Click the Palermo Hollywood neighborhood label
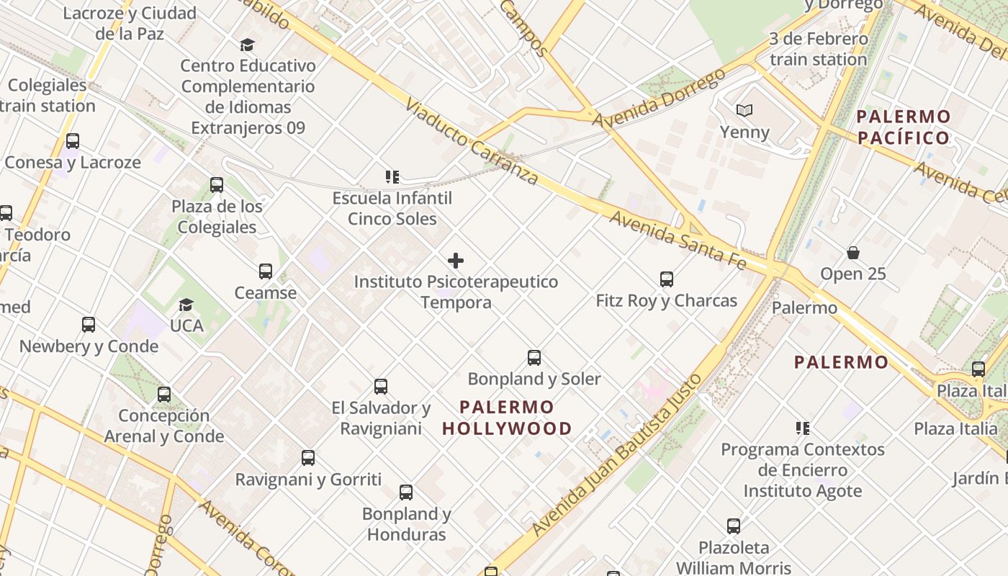coord(507,418)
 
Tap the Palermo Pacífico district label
coord(904,127)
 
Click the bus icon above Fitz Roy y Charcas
coord(667,279)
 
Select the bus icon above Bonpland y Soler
coord(534,357)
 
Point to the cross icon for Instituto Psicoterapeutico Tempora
coord(456,260)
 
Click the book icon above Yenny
coord(744,110)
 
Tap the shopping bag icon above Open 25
coord(853,253)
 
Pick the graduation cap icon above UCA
coord(186,305)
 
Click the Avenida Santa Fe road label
coord(678,239)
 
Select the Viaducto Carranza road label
coord(472,141)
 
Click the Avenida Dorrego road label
coord(658,99)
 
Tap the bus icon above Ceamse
coord(266,271)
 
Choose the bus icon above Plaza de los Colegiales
coord(217,185)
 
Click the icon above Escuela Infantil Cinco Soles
coord(392,176)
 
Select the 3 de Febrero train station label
coord(818,49)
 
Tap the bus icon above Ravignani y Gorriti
coord(308,458)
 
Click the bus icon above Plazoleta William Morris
coord(734,526)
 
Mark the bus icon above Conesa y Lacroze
coord(73,141)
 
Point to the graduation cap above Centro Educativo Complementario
coord(248,45)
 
